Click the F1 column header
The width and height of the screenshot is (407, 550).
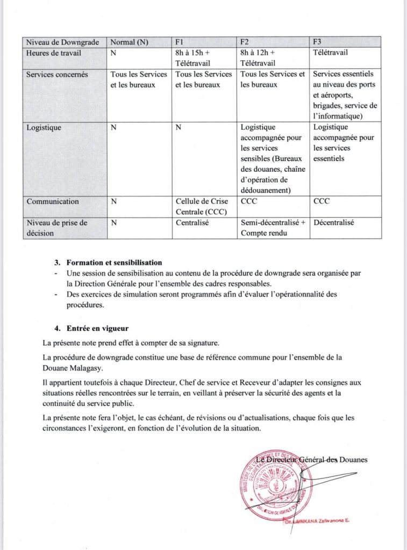180,42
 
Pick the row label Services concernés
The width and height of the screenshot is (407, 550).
57,75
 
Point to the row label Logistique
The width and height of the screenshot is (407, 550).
44,127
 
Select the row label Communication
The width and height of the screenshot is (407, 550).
53,201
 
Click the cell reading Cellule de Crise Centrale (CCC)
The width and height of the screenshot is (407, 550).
202,206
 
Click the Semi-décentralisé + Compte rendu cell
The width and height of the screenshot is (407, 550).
273,227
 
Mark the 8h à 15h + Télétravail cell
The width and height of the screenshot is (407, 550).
196,57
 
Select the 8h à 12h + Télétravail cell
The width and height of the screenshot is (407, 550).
260,57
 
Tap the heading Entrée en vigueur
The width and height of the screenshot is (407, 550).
98,328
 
